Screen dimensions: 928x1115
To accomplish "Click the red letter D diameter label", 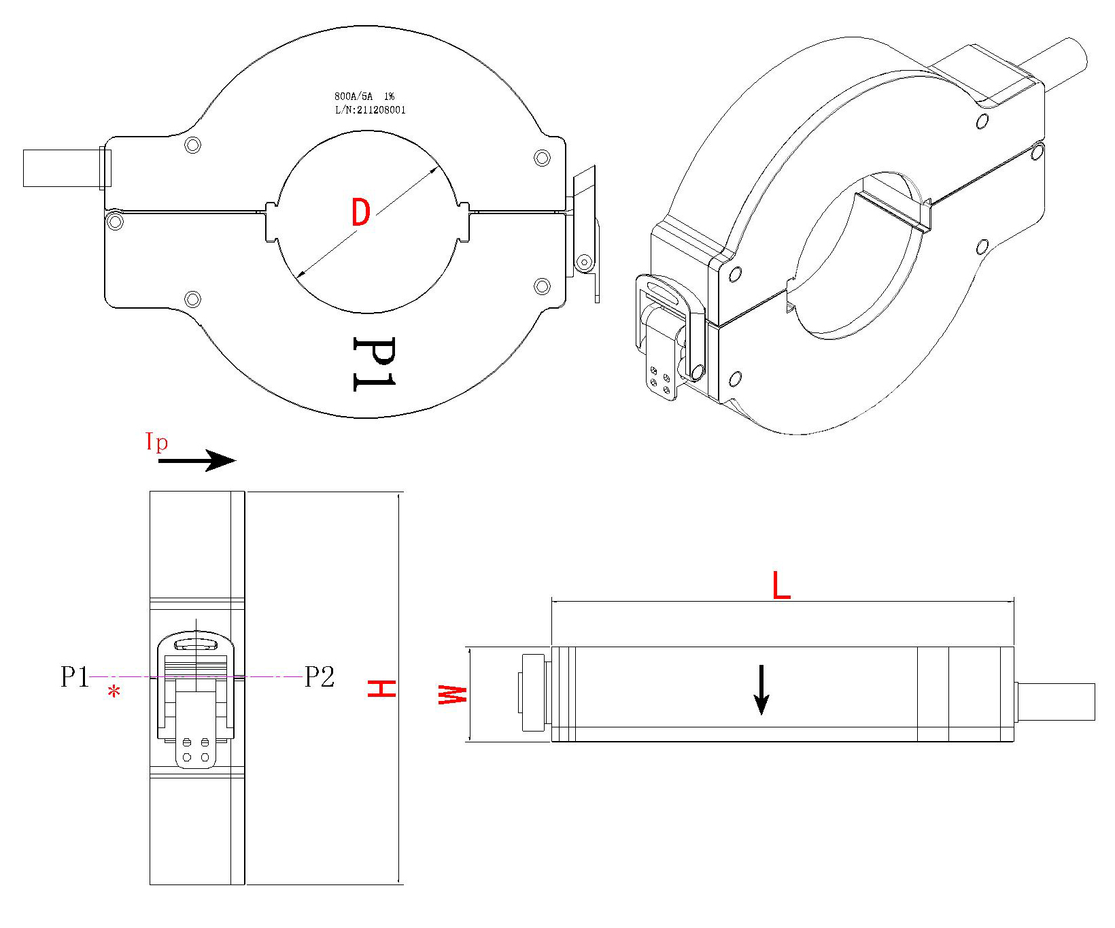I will coord(360,213).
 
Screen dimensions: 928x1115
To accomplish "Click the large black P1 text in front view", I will coord(373,364).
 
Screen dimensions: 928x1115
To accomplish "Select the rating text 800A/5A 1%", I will coord(364,97).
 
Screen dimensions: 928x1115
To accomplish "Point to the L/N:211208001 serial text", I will coord(370,110).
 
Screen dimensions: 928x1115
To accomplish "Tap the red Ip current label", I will coord(156,442).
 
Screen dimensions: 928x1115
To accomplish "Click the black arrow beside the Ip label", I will coord(197,461).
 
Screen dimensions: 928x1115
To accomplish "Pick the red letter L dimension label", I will coord(781,586).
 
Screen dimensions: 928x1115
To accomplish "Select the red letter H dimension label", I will coord(381,688).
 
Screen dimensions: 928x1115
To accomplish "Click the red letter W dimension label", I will coord(451,695).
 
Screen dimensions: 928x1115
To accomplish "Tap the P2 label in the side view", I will coord(319,677).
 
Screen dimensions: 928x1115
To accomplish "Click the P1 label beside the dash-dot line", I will coord(75,677).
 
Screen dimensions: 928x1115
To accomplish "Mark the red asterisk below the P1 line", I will coord(114,693).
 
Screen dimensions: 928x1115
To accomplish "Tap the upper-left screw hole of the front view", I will coord(193,145).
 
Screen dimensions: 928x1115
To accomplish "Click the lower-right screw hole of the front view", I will coord(542,286).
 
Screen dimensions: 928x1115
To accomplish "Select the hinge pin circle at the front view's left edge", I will coord(115,220).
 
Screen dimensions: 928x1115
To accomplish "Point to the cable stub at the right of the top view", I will coord(1055,702).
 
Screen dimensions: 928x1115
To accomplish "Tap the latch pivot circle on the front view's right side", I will coord(583,262).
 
